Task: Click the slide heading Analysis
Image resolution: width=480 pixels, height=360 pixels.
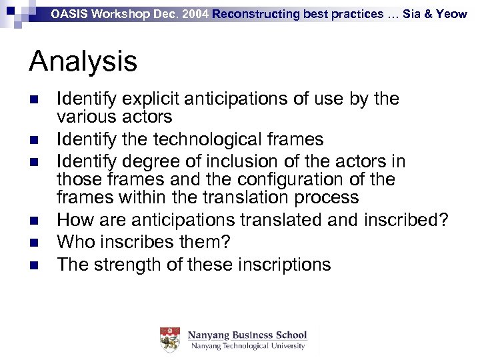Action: pos(83,61)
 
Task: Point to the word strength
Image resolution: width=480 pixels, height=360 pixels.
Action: pos(135,265)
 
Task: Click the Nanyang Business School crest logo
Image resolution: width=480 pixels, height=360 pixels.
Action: pos(169,339)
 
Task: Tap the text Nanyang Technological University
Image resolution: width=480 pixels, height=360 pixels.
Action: pos(247,346)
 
